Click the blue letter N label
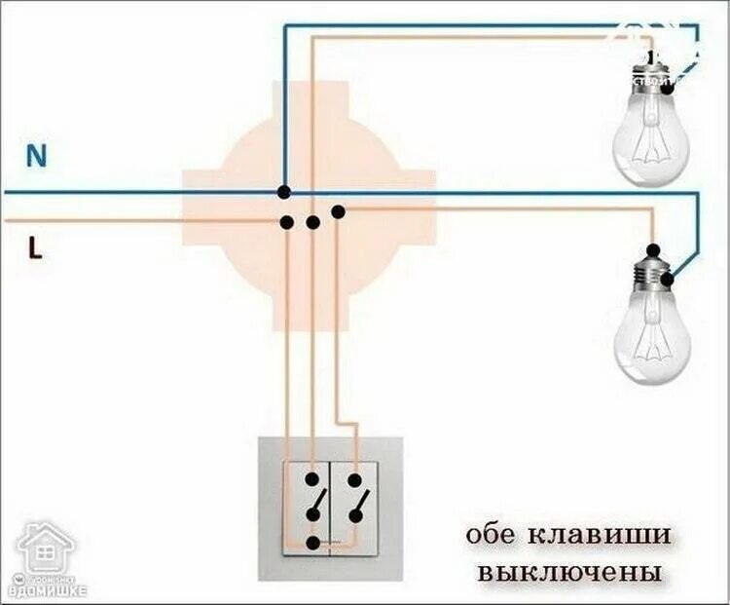click(37, 156)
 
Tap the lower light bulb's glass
click(652, 336)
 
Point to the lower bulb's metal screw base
click(654, 277)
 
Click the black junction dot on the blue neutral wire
click(283, 192)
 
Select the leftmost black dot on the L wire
click(287, 222)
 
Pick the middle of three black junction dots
click(312, 222)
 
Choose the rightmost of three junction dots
click(338, 211)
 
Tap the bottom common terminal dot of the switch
click(312, 543)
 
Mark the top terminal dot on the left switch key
click(311, 479)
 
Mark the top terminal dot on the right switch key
click(355, 479)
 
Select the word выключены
click(557, 570)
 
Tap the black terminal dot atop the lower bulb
click(654, 249)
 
